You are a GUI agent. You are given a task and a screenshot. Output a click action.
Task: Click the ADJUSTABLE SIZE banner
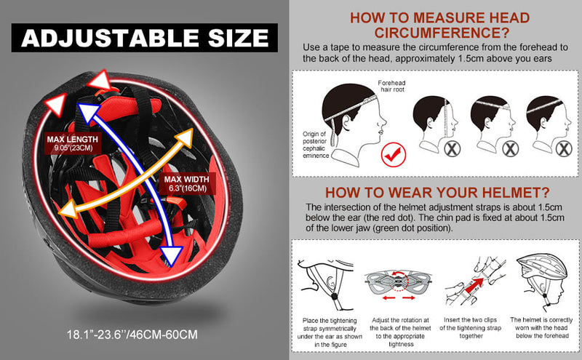pos(144,38)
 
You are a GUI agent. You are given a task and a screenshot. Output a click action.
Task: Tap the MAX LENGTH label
pos(73,143)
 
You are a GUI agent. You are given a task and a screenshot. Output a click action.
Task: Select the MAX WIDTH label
pos(187,183)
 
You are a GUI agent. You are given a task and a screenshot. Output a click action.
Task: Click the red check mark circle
pos(394,155)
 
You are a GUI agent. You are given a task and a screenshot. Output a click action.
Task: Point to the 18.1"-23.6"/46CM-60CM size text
pos(132,335)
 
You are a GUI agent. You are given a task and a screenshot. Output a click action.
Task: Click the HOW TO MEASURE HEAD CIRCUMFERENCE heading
pos(440,25)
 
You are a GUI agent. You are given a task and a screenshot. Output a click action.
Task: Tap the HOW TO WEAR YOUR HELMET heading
pos(437,193)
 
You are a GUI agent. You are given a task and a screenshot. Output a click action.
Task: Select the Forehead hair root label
pos(391,86)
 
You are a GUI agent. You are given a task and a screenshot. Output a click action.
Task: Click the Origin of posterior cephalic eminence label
pos(316,145)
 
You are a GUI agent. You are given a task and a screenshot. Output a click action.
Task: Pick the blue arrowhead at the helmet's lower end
pos(171,256)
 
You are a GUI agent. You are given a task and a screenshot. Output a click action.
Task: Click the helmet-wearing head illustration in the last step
pos(542,282)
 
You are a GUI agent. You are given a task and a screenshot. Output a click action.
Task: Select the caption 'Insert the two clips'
pos(470,320)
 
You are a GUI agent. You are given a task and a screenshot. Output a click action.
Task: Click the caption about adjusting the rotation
pos(401,332)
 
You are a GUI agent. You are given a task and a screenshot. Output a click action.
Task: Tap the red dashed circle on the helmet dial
pos(398,281)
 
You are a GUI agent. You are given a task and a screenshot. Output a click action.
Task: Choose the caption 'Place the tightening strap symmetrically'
pos(330,332)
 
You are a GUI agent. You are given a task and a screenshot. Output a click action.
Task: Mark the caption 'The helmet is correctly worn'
pos(541,328)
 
